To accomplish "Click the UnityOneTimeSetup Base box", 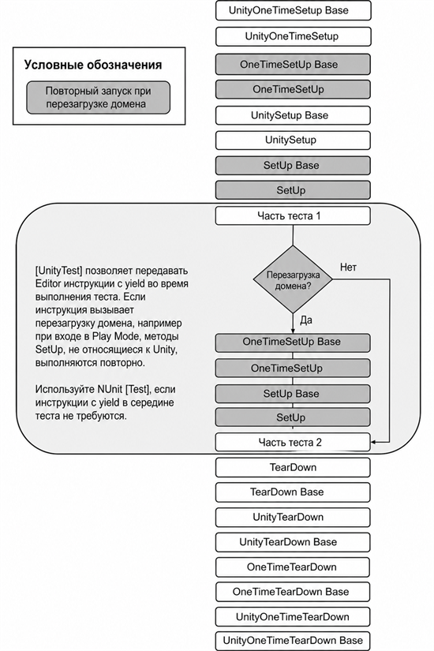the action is coord(293,10).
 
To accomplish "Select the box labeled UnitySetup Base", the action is coord(293,115).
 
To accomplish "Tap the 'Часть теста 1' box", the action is coord(293,216).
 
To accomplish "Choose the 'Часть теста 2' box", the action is coord(293,442).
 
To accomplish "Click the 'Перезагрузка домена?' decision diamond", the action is coord(293,279).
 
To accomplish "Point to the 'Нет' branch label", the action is coord(348,268).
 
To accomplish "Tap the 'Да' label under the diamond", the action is coord(306,320).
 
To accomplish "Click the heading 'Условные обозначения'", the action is coord(93,65).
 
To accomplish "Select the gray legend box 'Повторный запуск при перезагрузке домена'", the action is coord(99,98).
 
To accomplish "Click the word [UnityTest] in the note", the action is coord(59,271).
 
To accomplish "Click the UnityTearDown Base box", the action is coord(293,542).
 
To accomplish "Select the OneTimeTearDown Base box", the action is coord(293,592).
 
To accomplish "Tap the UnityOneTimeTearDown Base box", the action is coord(293,641).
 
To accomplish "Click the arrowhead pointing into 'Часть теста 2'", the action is coord(373,442).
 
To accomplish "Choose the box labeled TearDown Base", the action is coord(293,492).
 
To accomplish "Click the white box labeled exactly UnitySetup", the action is coord(293,140).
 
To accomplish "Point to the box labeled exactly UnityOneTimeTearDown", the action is coord(293,617).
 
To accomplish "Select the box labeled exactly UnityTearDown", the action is coord(293,518).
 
